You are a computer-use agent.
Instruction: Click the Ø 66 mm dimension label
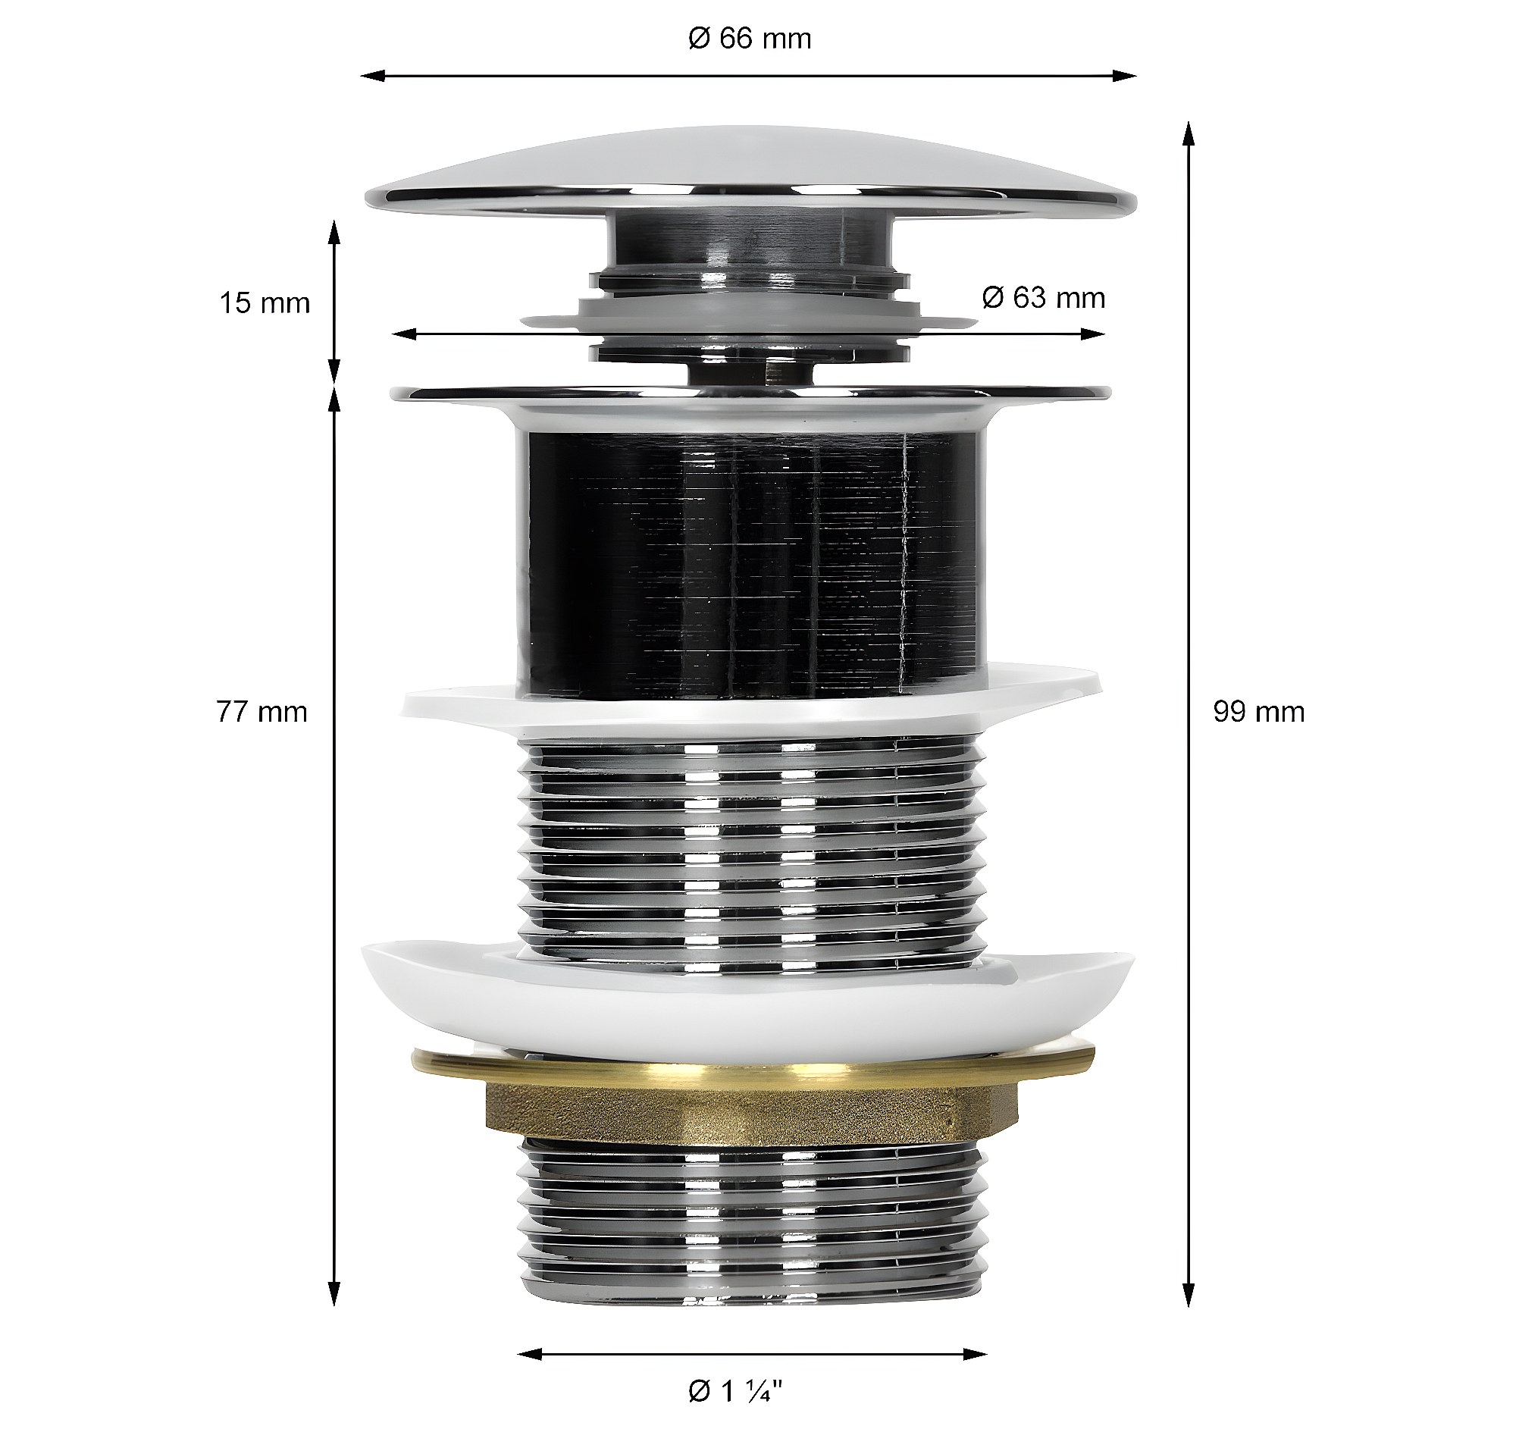tap(749, 38)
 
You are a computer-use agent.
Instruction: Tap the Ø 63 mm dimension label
tap(1043, 297)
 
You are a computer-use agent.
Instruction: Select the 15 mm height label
tap(265, 303)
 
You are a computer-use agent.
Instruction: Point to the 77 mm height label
tap(262, 711)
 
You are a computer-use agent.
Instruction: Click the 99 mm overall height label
tap(1258, 711)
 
